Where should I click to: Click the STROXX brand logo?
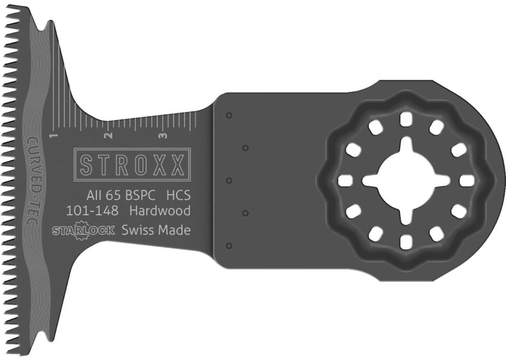click(132, 165)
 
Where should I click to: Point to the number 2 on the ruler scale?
click(109, 135)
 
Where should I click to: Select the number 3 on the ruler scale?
click(164, 135)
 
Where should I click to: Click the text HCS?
click(178, 195)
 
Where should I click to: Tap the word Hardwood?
click(160, 211)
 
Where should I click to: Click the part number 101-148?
click(92, 211)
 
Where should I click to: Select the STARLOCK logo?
click(83, 230)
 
